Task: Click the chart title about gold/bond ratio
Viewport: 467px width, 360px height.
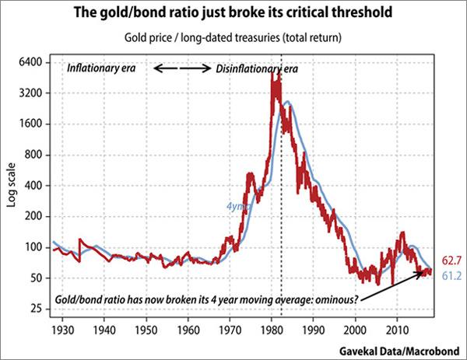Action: [x=233, y=14]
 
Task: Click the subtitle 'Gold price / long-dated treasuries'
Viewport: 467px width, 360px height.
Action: [x=233, y=38]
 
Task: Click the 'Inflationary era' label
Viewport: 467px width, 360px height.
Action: [x=102, y=68]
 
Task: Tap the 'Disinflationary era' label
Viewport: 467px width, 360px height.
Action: [x=256, y=68]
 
